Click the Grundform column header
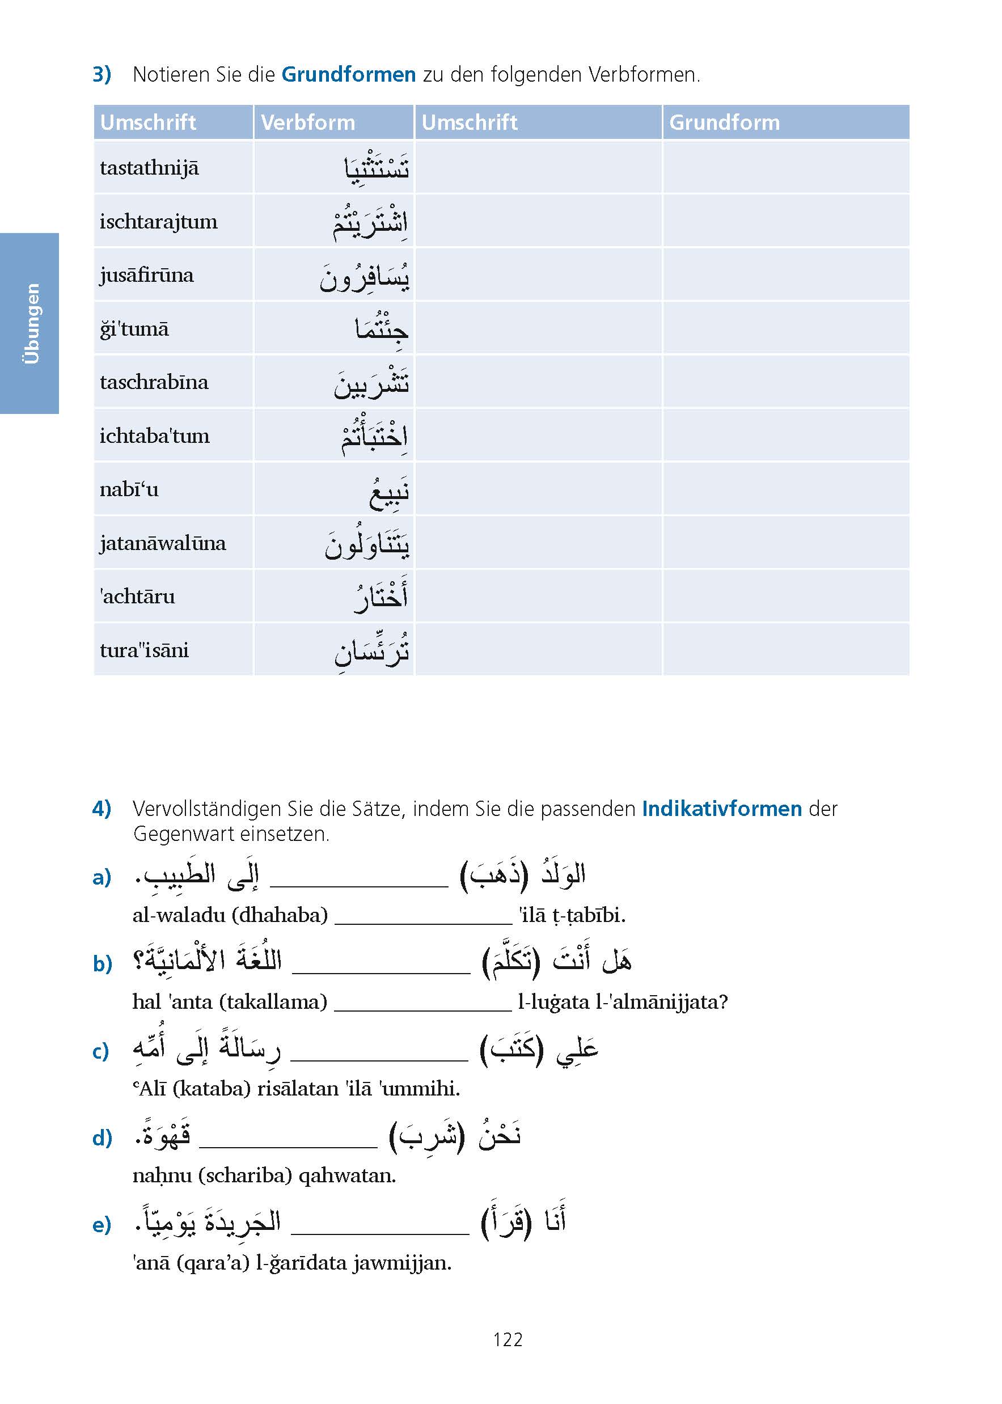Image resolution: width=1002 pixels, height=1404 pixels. [x=724, y=122]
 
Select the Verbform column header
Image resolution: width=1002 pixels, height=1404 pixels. [x=308, y=122]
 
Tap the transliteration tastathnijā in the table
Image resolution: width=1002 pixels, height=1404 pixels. [x=149, y=168]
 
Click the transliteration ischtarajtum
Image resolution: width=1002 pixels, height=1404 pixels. [x=159, y=222]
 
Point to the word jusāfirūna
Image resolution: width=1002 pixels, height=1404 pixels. [x=147, y=275]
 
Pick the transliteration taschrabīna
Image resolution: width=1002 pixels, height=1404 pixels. [x=154, y=382]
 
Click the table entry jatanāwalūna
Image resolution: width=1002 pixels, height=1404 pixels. [x=163, y=543]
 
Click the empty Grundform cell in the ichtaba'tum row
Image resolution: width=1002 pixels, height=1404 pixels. [x=785, y=435]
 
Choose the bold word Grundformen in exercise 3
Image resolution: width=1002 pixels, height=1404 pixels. [x=349, y=75]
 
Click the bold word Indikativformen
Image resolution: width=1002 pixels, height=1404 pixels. [x=722, y=808]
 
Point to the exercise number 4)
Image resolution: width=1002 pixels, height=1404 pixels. [x=102, y=808]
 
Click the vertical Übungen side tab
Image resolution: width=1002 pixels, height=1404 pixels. [x=30, y=323]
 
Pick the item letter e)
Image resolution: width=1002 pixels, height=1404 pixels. [x=102, y=1224]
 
